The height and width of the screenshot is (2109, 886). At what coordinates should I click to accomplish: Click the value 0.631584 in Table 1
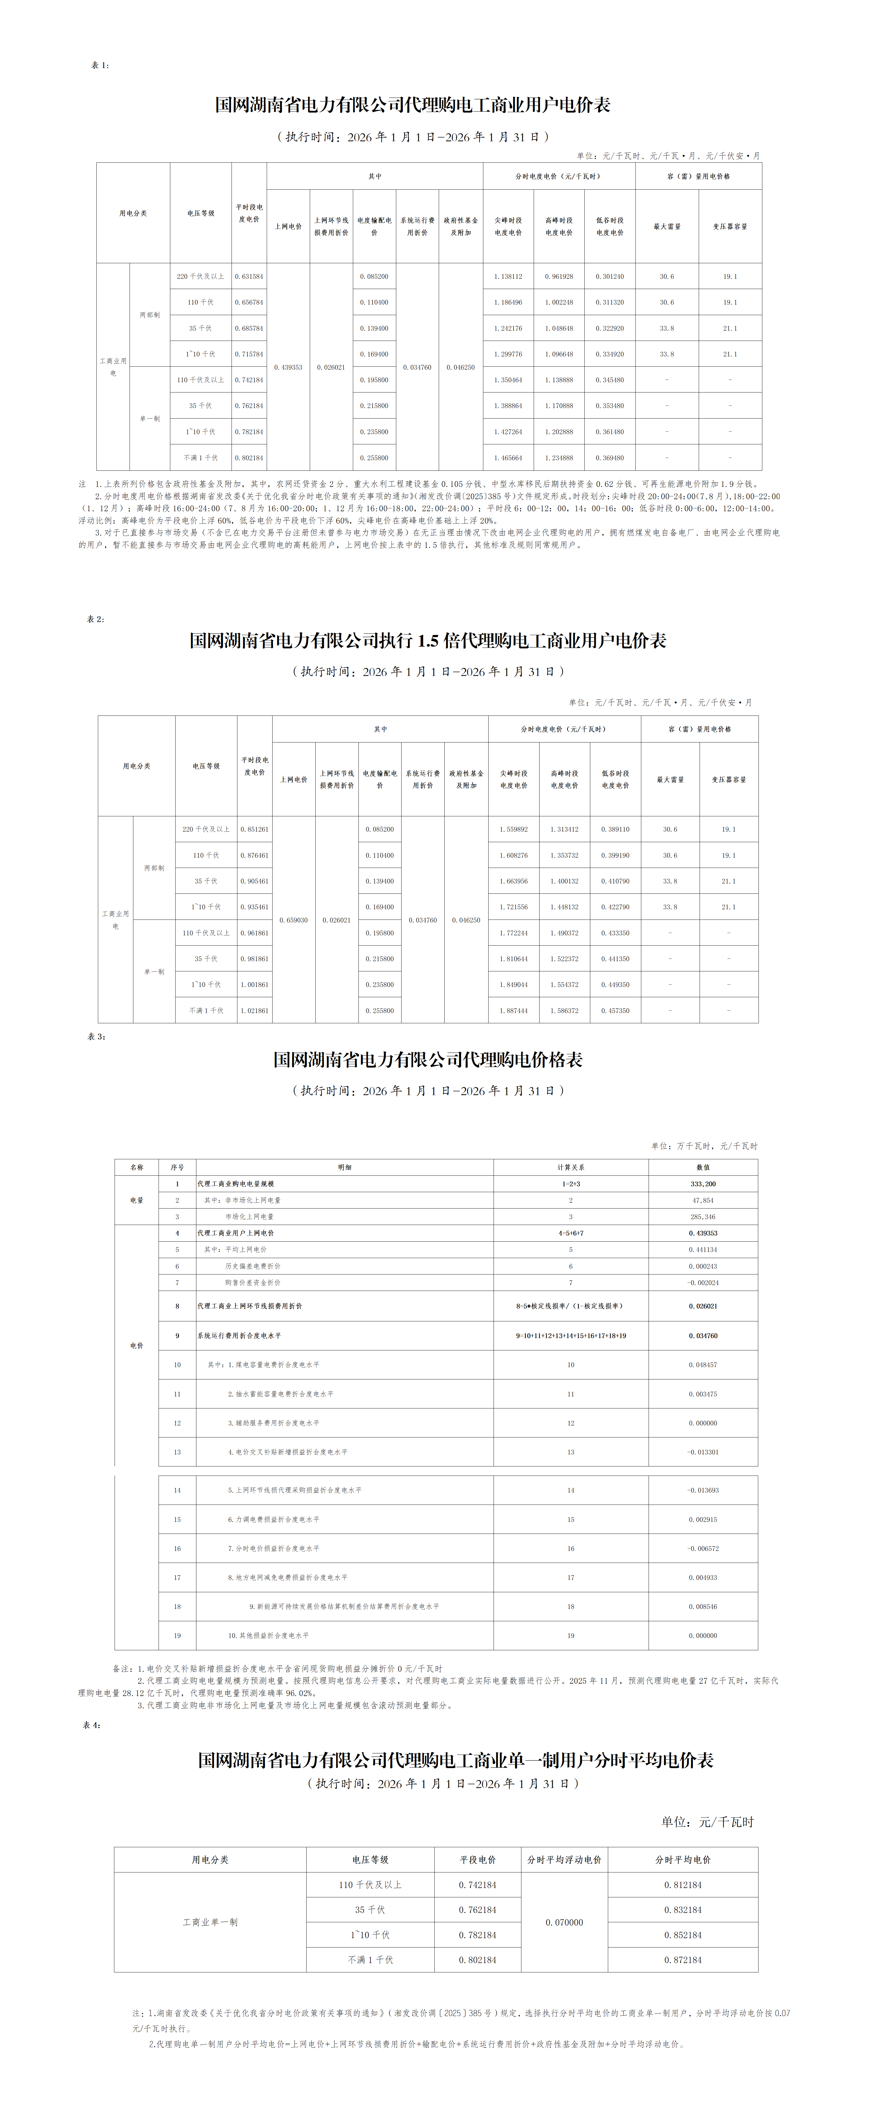click(249, 277)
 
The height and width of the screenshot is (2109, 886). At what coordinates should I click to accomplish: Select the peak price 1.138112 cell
click(508, 277)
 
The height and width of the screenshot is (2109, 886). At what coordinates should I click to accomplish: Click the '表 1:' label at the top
click(99, 65)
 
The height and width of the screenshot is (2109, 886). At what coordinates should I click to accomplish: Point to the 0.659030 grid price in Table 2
click(293, 920)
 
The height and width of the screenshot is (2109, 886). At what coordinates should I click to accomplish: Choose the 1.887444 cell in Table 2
click(513, 1010)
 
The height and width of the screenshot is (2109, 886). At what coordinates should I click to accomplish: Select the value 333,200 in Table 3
click(703, 1184)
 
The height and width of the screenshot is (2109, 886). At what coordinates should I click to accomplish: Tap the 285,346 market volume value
click(703, 1217)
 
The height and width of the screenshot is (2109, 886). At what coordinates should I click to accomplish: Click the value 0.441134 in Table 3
click(703, 1249)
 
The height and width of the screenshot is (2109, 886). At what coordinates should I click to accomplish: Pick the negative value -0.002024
click(703, 1282)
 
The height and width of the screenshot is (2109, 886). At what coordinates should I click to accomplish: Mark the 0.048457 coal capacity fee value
click(703, 1365)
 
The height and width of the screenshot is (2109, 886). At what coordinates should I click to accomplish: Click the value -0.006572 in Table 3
click(703, 1548)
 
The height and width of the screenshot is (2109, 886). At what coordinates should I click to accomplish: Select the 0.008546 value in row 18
click(703, 1606)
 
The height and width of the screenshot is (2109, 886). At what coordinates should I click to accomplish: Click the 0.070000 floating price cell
click(564, 1922)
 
